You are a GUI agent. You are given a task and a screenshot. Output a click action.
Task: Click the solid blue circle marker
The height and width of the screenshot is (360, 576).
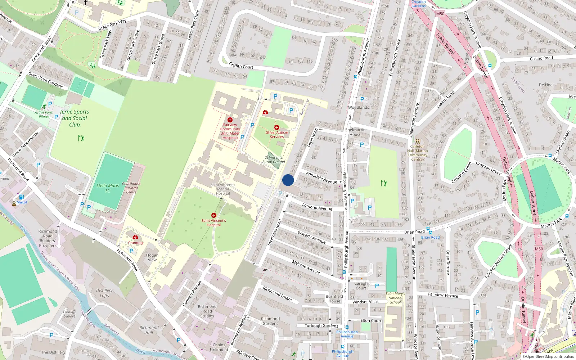[x=288, y=180]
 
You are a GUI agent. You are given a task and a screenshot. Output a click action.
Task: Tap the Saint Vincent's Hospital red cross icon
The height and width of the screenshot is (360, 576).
[x=214, y=215]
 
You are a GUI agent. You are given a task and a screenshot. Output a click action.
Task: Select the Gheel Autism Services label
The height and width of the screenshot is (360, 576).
[x=277, y=135]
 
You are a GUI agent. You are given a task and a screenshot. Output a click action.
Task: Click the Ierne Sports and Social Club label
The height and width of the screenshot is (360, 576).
[x=75, y=118]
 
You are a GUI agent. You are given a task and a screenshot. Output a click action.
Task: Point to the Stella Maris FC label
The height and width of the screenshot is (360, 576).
[x=108, y=188]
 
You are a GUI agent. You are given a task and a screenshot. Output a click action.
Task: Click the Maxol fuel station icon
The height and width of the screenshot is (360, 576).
[x=21, y=197]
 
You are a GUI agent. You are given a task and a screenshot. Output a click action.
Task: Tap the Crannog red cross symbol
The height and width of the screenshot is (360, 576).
[x=135, y=237]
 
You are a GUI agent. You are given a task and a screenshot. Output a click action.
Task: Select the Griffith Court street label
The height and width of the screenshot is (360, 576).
[x=241, y=66]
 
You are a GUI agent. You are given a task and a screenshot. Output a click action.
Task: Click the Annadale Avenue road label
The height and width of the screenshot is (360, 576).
[x=321, y=177]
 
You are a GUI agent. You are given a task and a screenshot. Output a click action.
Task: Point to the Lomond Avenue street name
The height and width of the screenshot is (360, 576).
[x=317, y=207]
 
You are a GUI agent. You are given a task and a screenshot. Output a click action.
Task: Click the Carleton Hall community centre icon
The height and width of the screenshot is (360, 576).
[x=418, y=141]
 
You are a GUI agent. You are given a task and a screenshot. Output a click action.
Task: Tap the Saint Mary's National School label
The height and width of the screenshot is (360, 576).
[x=395, y=298]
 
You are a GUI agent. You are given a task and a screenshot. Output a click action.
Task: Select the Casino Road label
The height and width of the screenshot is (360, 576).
[x=541, y=58]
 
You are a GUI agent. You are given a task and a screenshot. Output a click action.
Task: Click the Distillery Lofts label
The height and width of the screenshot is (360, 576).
[x=104, y=293]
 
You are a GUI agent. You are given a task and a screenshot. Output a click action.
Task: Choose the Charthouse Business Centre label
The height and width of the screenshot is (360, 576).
[x=131, y=188]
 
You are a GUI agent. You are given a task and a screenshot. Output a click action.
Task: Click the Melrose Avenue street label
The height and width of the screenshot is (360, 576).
[x=306, y=267]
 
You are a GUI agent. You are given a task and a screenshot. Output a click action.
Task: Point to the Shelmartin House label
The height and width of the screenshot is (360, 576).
[x=355, y=132]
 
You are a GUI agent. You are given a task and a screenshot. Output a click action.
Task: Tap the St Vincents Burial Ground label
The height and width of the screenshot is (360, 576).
[x=274, y=159]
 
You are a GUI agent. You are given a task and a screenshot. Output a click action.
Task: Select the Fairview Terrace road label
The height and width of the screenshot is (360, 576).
[x=443, y=295]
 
